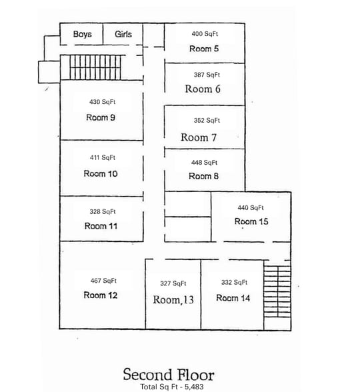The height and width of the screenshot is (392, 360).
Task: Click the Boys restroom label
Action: pyautogui.click(x=82, y=34)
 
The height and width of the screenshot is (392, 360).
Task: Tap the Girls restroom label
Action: pyautogui.click(x=123, y=34)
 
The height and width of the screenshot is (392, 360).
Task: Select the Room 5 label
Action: pyautogui.click(x=204, y=49)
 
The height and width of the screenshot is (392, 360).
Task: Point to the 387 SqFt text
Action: pyautogui.click(x=207, y=75)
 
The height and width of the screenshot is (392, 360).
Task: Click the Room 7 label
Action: pyautogui.click(x=199, y=137)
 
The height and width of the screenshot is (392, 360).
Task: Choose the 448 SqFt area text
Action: pyautogui.click(x=205, y=163)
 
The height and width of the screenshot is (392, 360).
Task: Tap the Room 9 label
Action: pyautogui.click(x=101, y=117)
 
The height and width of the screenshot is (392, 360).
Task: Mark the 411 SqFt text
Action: pyautogui.click(x=103, y=158)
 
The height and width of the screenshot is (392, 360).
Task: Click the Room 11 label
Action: pyautogui.click(x=101, y=226)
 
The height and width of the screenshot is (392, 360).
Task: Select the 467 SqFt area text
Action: pyautogui.click(x=103, y=281)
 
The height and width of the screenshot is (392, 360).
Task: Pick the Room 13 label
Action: pyautogui.click(x=173, y=300)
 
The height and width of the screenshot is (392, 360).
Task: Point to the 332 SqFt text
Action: pyautogui.click(x=234, y=283)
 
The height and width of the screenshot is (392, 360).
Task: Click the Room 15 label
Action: pyautogui.click(x=251, y=221)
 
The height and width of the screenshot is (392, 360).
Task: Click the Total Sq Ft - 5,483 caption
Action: pyautogui.click(x=168, y=387)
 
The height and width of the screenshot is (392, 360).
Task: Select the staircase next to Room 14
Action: pyautogui.click(x=277, y=296)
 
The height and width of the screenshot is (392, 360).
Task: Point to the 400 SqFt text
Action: pyautogui.click(x=205, y=34)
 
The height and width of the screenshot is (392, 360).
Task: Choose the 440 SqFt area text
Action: pyautogui.click(x=251, y=207)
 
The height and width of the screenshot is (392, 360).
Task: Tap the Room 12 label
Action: pyautogui.click(x=101, y=295)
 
